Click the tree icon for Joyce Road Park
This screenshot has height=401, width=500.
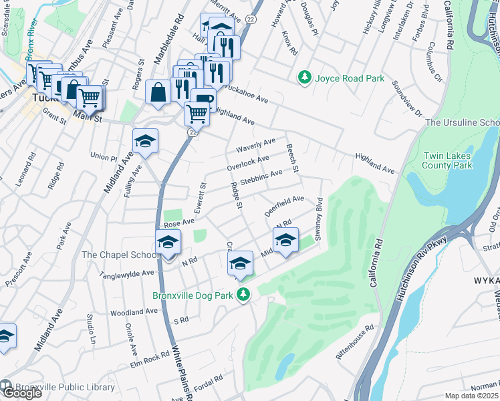tap(305, 78)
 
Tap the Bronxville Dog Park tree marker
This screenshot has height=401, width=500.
tap(245, 294)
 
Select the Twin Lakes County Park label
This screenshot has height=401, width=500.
tap(448, 160)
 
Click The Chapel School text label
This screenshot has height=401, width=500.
tap(120, 255)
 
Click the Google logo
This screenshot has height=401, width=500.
tap(22, 393)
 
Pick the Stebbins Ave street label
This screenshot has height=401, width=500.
tap(261, 177)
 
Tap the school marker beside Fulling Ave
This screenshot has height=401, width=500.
tap(145, 141)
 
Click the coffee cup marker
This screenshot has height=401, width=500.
tap(203, 102)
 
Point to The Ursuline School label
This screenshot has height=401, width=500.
tap(462, 122)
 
